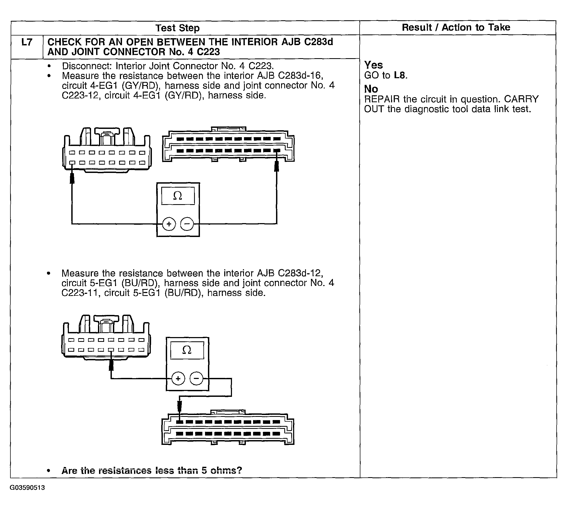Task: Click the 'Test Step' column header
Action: [178, 28]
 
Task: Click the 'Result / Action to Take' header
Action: [456, 27]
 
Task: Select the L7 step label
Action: [27, 42]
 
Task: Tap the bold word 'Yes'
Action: [373, 65]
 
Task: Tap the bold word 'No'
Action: [371, 89]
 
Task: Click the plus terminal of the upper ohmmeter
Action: [169, 224]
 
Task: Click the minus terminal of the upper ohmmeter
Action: [187, 224]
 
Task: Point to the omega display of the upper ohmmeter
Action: [178, 196]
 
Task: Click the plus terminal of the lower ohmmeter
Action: [178, 379]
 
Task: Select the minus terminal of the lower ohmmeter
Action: [196, 379]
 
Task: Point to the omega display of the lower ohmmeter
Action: [187, 350]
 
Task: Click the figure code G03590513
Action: [27, 488]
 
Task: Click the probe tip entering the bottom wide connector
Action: [180, 406]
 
